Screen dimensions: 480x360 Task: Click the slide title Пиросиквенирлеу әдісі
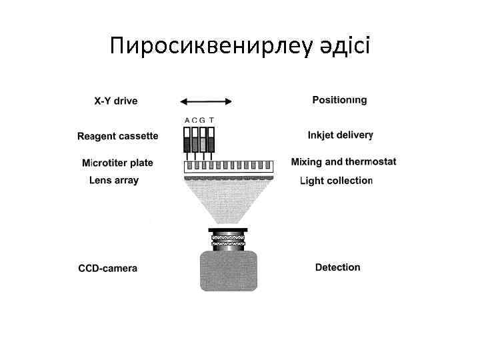240,47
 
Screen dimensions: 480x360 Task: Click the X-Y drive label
116,101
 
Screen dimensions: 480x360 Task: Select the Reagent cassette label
118,137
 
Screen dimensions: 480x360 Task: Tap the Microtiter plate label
117,163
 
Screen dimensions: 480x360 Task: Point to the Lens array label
114,180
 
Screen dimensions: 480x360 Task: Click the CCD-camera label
108,269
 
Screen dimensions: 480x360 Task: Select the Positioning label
339,100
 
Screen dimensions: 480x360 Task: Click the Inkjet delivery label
340,135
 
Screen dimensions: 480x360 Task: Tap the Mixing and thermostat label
343,161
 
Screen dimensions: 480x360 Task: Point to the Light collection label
336,180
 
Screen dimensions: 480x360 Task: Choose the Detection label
337,267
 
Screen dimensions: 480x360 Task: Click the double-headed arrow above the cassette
206,101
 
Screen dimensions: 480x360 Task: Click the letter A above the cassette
187,121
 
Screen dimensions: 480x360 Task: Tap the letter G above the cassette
203,121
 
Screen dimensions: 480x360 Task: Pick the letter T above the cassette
211,121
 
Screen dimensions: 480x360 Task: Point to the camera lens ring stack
229,239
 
